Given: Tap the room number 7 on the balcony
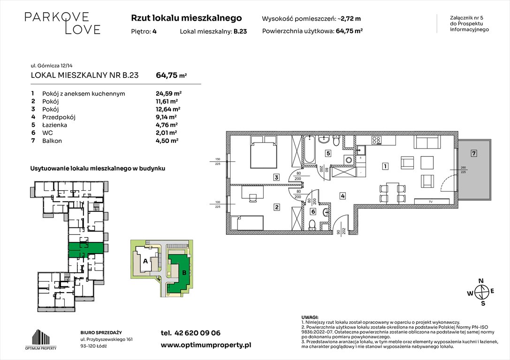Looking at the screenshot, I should [474, 153].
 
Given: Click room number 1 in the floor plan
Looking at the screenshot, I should [384, 166].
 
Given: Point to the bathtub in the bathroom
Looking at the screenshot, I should [310, 150].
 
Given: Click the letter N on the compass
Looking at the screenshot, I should [480, 281].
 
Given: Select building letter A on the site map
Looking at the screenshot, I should [145, 261].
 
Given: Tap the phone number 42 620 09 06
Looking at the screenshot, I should [190, 333].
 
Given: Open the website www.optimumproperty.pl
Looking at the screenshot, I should [206, 345].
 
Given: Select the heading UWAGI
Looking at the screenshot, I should [310, 317].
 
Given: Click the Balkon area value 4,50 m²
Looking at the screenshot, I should [167, 141].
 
